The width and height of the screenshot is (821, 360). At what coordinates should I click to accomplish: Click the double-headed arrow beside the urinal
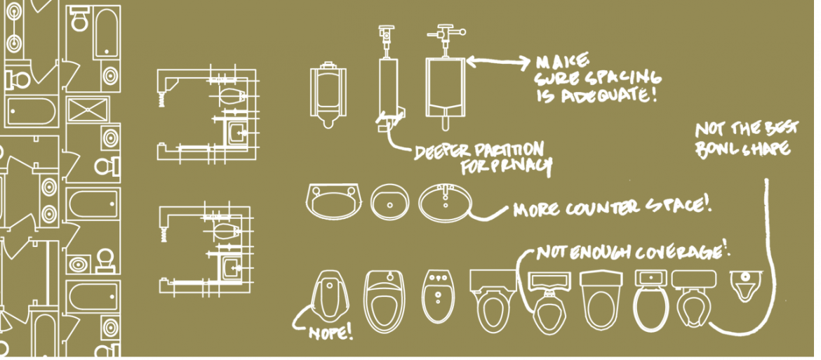point(498,62)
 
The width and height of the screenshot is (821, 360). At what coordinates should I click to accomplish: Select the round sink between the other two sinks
point(389,201)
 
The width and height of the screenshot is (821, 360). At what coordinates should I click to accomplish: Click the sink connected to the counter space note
point(445,201)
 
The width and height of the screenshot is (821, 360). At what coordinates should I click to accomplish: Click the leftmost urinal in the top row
point(328,95)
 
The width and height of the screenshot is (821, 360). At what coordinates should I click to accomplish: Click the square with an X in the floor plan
point(88,109)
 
